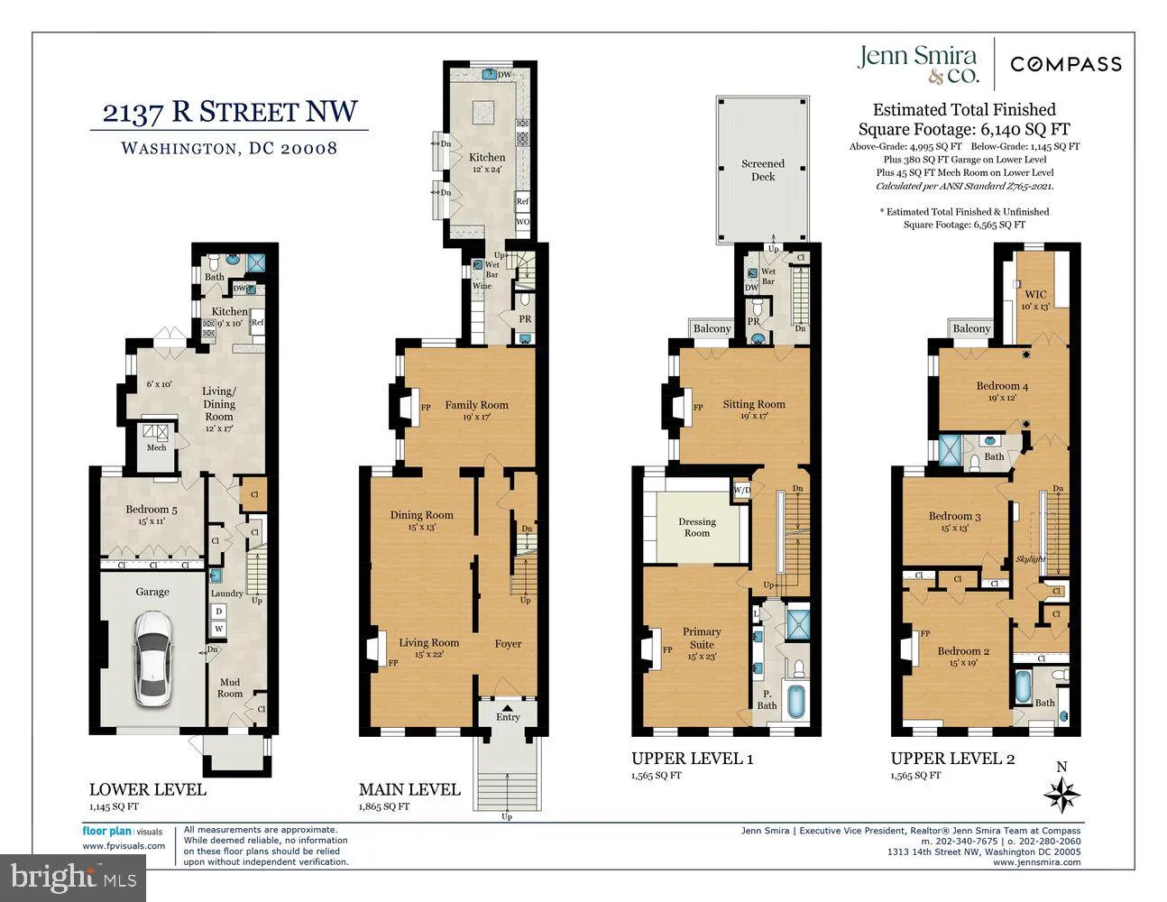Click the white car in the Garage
(x=152, y=659)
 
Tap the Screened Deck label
(x=763, y=170)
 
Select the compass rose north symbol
(x=1061, y=795)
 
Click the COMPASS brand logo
(x=1065, y=64)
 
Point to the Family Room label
(x=476, y=405)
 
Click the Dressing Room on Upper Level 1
(x=696, y=527)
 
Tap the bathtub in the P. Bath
(x=796, y=701)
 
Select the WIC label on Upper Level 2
(x=1035, y=294)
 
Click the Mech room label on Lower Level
(x=157, y=447)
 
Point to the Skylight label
(x=1031, y=559)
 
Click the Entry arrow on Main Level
(x=508, y=708)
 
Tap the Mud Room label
(x=230, y=688)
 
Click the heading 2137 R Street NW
(x=229, y=112)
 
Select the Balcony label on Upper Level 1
(x=712, y=328)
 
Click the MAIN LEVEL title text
(x=409, y=789)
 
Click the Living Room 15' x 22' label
(x=428, y=648)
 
